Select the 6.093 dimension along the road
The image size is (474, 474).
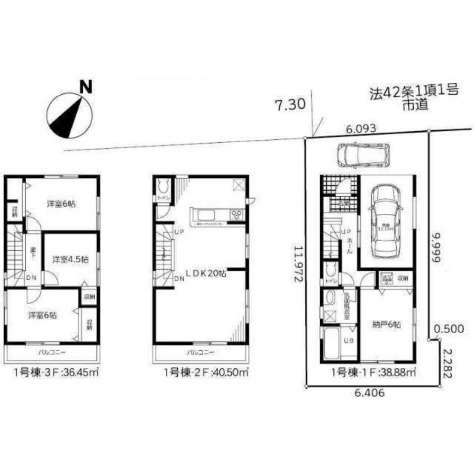pyautogui.click(x=361, y=128)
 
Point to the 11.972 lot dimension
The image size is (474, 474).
pyautogui.click(x=298, y=264)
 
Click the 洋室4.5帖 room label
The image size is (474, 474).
pyautogui.click(x=70, y=259)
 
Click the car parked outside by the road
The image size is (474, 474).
pyautogui.click(x=363, y=155)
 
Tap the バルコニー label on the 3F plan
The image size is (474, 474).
pyautogui.click(x=52, y=353)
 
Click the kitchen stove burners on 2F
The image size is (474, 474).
pyautogui.click(x=236, y=215)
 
